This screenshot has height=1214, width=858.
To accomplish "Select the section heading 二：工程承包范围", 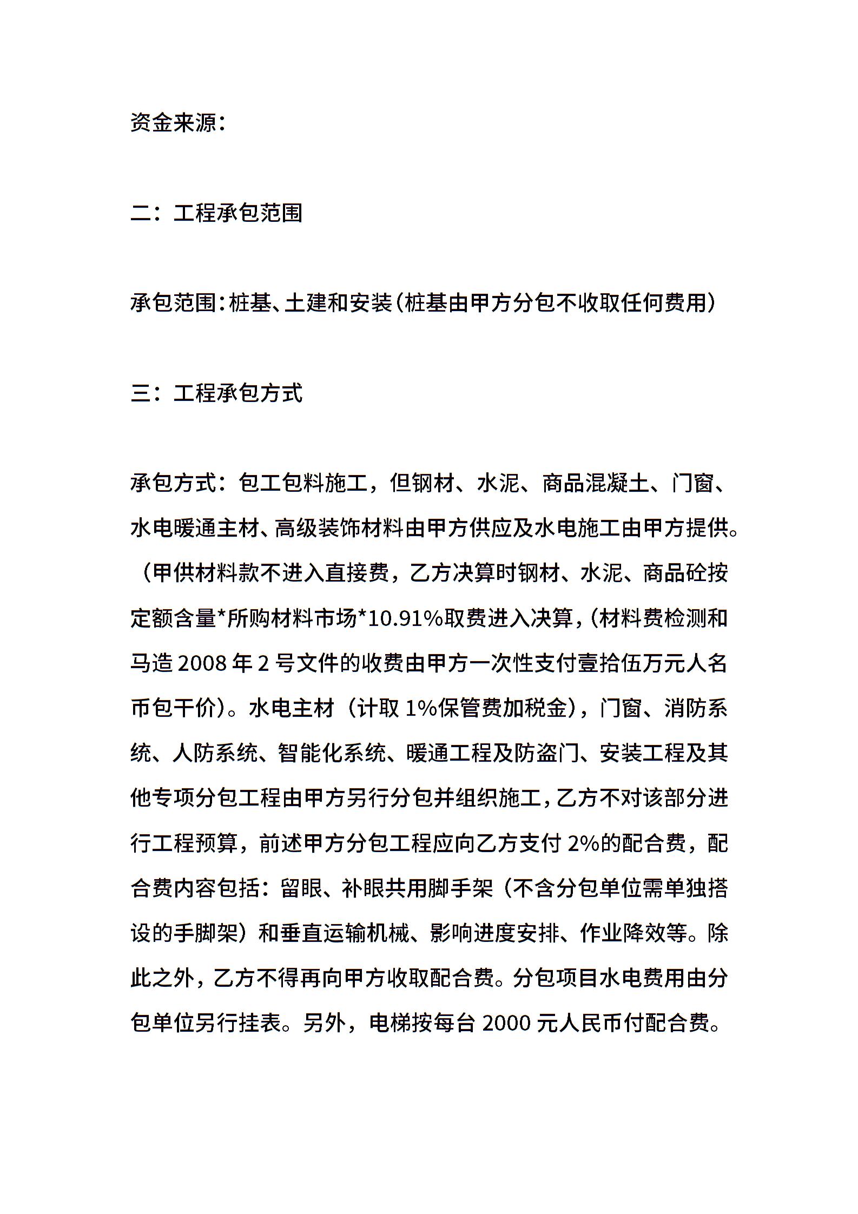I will [x=216, y=213].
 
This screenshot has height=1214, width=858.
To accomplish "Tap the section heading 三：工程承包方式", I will [x=216, y=393].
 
